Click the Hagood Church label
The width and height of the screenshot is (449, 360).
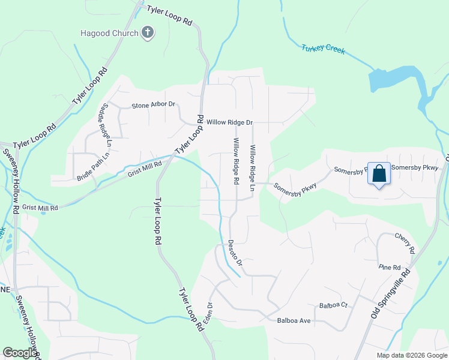(109, 33)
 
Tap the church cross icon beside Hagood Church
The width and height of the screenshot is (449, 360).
(148, 33)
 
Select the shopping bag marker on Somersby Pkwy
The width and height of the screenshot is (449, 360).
(379, 175)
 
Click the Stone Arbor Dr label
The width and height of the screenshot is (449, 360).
(153, 104)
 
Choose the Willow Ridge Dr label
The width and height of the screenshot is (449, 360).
(230, 122)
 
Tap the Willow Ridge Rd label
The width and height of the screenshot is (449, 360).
(236, 161)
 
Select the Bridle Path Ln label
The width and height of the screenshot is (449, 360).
(93, 166)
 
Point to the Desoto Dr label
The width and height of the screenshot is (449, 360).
(235, 253)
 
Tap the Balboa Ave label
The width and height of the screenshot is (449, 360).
(294, 321)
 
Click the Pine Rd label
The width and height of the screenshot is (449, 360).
(389, 267)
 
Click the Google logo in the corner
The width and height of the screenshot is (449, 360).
(20, 353)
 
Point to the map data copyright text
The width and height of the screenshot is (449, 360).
(411, 355)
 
